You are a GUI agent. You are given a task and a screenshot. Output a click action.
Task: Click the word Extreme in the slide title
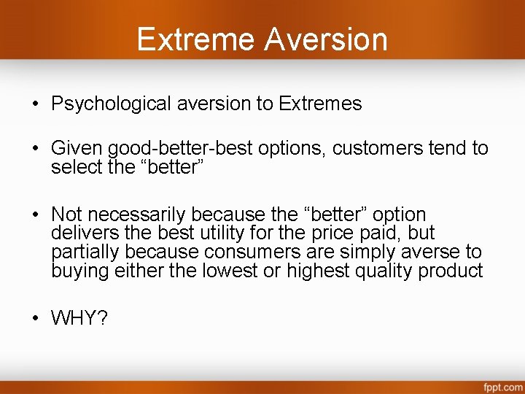tap(196, 39)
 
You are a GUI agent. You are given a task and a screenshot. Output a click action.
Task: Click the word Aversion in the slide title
tap(326, 39)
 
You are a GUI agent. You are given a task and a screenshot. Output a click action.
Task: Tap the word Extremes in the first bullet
tap(319, 104)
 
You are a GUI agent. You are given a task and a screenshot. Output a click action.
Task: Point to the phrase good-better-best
tap(181, 150)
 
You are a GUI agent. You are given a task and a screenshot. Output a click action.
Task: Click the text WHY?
tap(79, 319)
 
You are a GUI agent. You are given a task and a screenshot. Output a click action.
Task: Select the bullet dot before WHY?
tap(36, 319)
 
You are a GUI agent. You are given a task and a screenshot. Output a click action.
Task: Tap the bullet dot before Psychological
tap(36, 104)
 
